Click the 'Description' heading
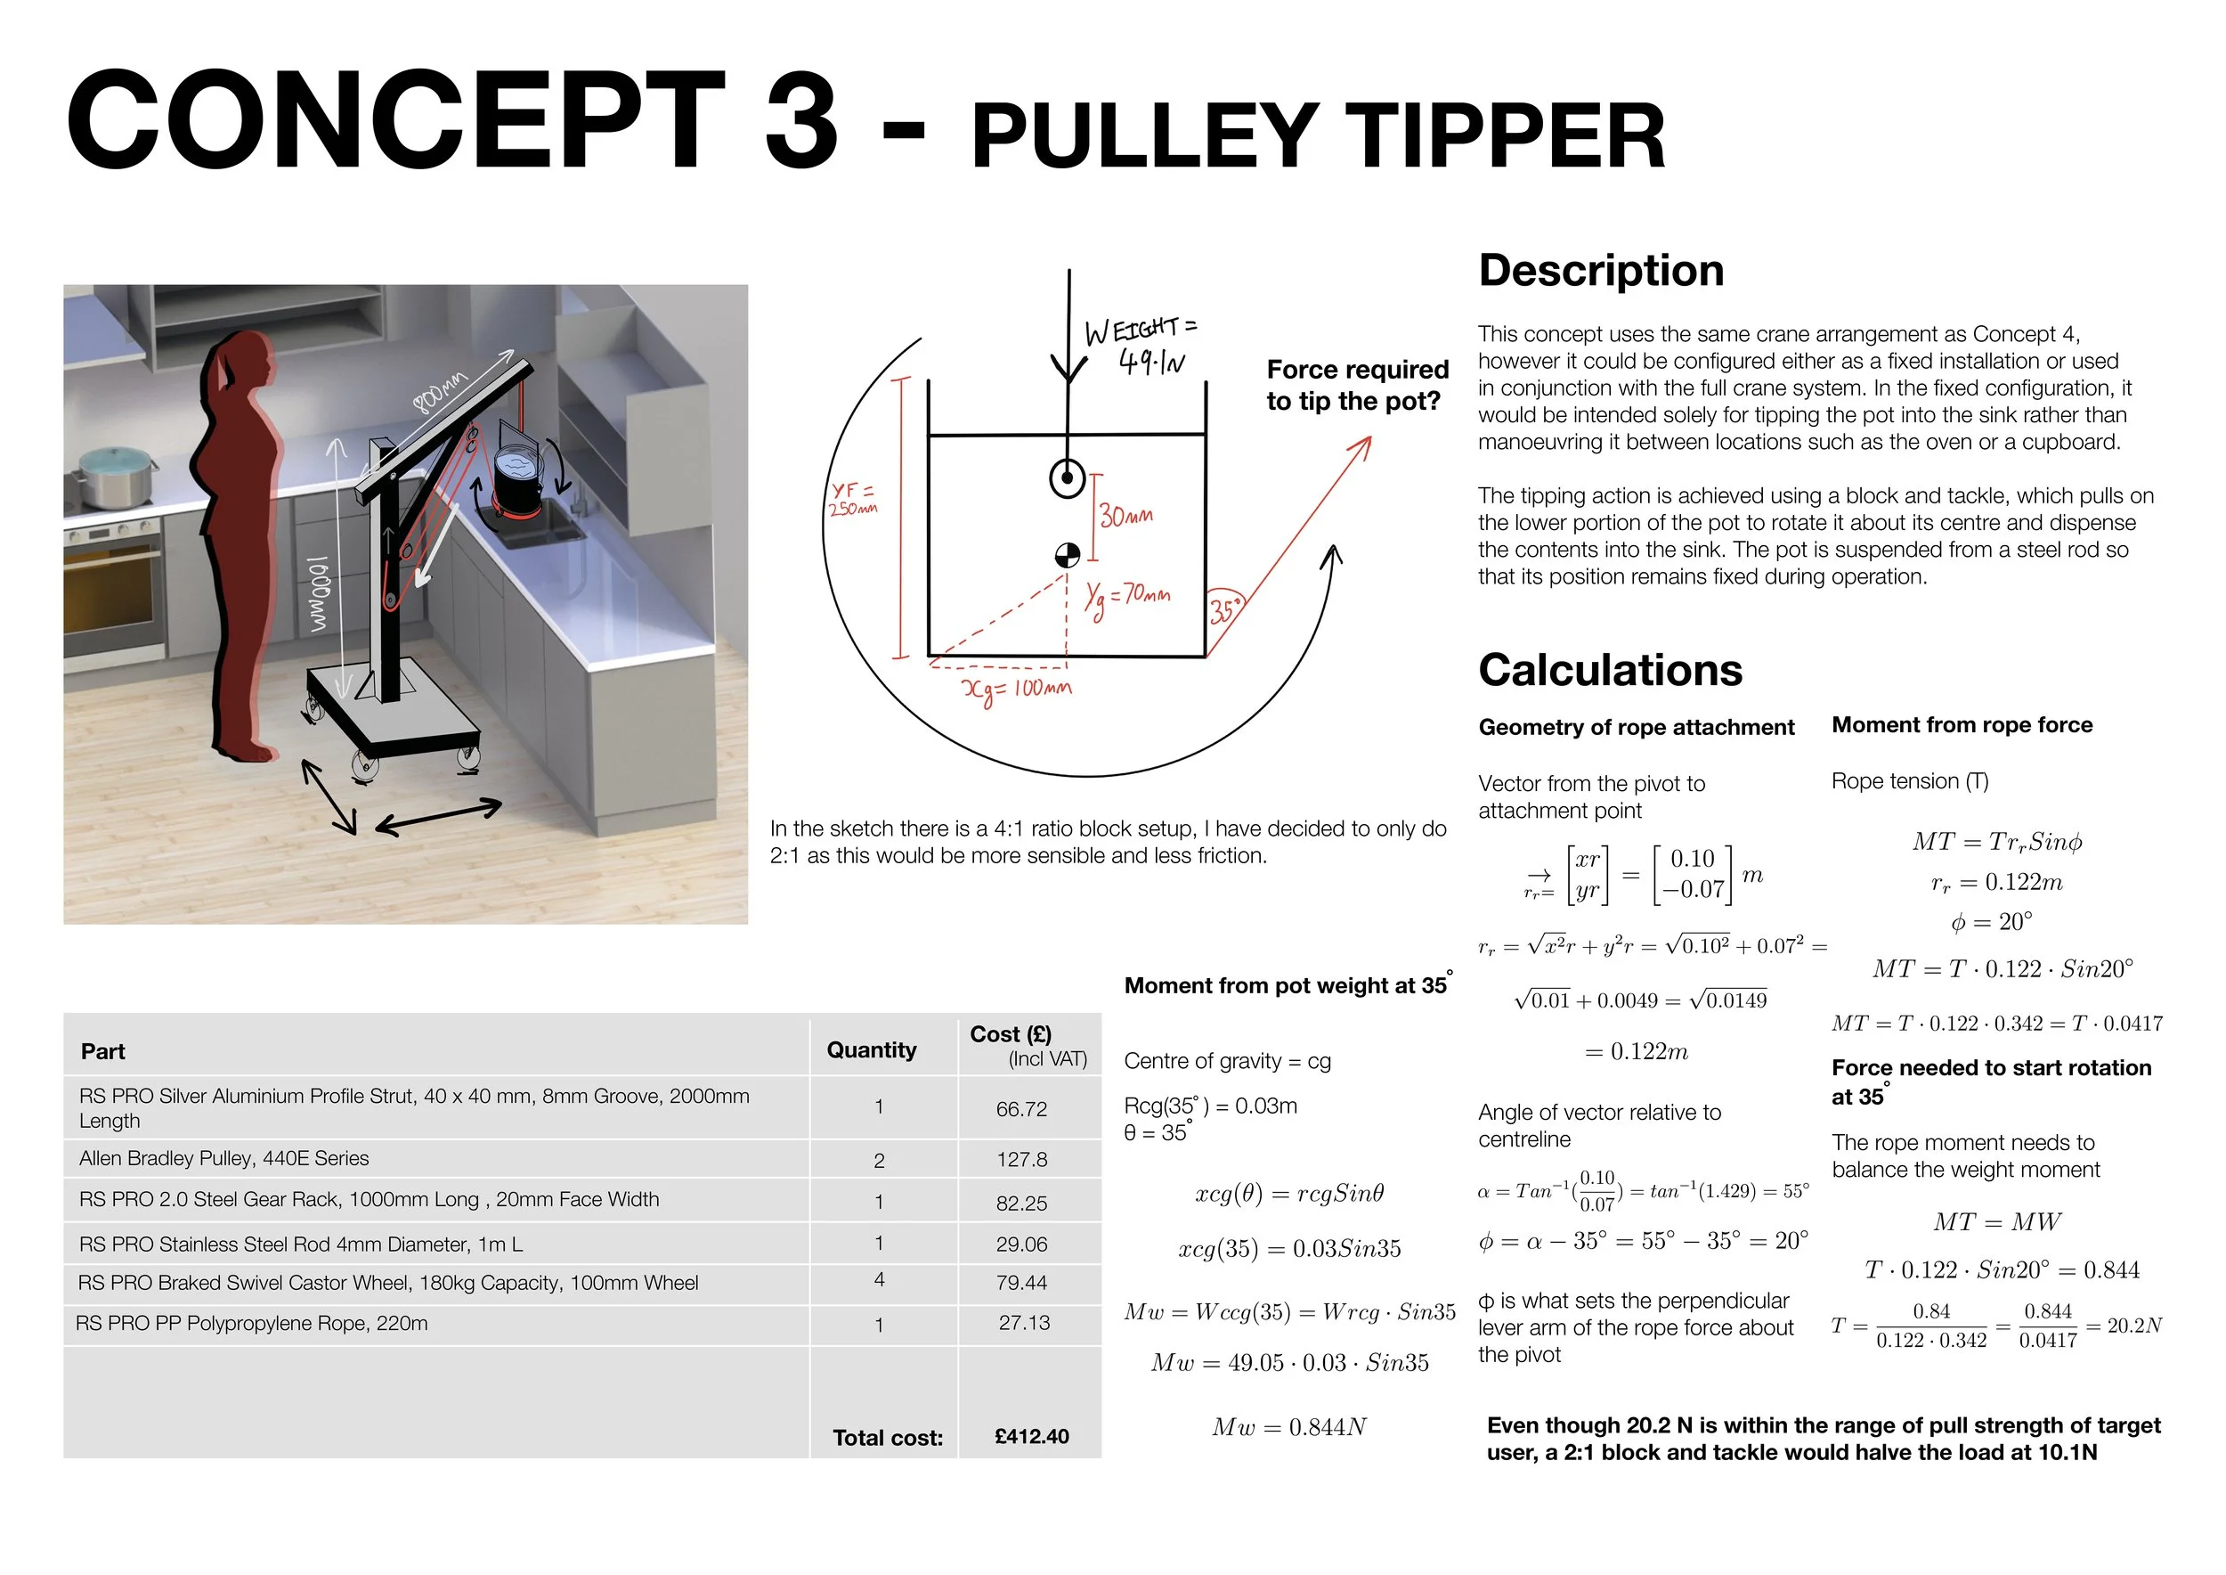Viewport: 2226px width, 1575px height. [1601, 271]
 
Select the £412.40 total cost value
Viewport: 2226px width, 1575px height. [1032, 1436]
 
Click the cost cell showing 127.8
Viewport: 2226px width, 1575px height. [1022, 1160]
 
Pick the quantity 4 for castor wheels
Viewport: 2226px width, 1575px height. [880, 1280]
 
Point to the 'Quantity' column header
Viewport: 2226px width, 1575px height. [871, 1050]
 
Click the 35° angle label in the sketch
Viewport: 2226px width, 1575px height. [1223, 611]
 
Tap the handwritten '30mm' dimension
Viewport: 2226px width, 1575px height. [1126, 516]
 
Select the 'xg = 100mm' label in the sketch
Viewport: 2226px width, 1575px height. [1016, 690]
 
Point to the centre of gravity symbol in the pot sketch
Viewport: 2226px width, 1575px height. [1067, 556]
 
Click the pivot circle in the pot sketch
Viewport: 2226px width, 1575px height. [1068, 478]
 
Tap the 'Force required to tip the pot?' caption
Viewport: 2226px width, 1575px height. [1356, 385]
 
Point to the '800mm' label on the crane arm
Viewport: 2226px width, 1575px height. [440, 391]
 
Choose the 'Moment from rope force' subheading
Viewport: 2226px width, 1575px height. [1962, 725]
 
